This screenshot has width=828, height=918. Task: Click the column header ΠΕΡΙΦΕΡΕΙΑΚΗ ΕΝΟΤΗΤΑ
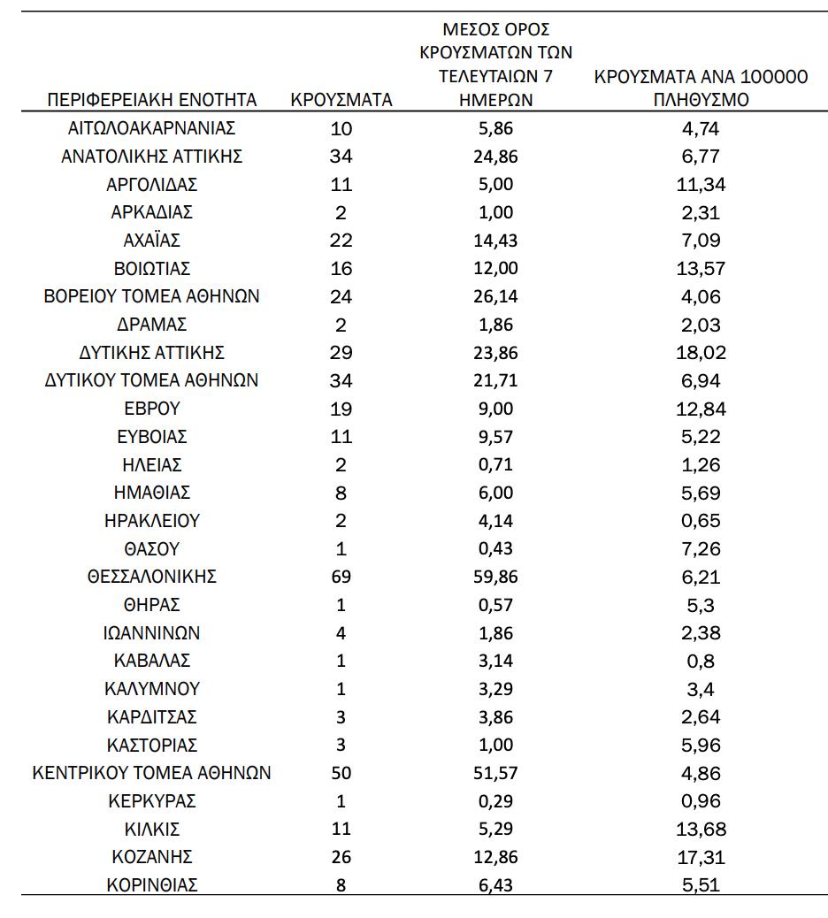(152, 100)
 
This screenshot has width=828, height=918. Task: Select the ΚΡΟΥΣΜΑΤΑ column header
(341, 100)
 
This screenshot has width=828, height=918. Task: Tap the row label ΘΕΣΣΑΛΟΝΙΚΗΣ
(152, 577)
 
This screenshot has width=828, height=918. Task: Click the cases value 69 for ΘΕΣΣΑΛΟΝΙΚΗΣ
(341, 577)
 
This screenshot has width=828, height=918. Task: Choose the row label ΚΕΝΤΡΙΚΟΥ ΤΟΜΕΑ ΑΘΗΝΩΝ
(152, 773)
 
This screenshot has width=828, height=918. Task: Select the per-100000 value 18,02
(701, 352)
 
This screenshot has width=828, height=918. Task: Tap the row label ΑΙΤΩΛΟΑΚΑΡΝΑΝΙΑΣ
(152, 128)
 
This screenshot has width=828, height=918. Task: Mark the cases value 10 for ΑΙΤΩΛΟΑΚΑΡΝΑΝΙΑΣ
(341, 128)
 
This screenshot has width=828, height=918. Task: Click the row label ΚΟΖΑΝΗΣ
(152, 857)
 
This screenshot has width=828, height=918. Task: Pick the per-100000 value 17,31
(701, 857)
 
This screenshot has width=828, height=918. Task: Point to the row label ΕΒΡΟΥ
(152, 409)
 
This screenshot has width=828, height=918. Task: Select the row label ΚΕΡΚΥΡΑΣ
(152, 801)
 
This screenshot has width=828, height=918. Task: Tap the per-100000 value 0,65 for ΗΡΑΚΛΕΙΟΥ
(701, 521)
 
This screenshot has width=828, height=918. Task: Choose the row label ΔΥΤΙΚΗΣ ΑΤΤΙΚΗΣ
(152, 352)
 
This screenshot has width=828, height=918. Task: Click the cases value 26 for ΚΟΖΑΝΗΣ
(341, 857)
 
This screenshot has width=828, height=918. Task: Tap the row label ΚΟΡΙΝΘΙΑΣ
(152, 885)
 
